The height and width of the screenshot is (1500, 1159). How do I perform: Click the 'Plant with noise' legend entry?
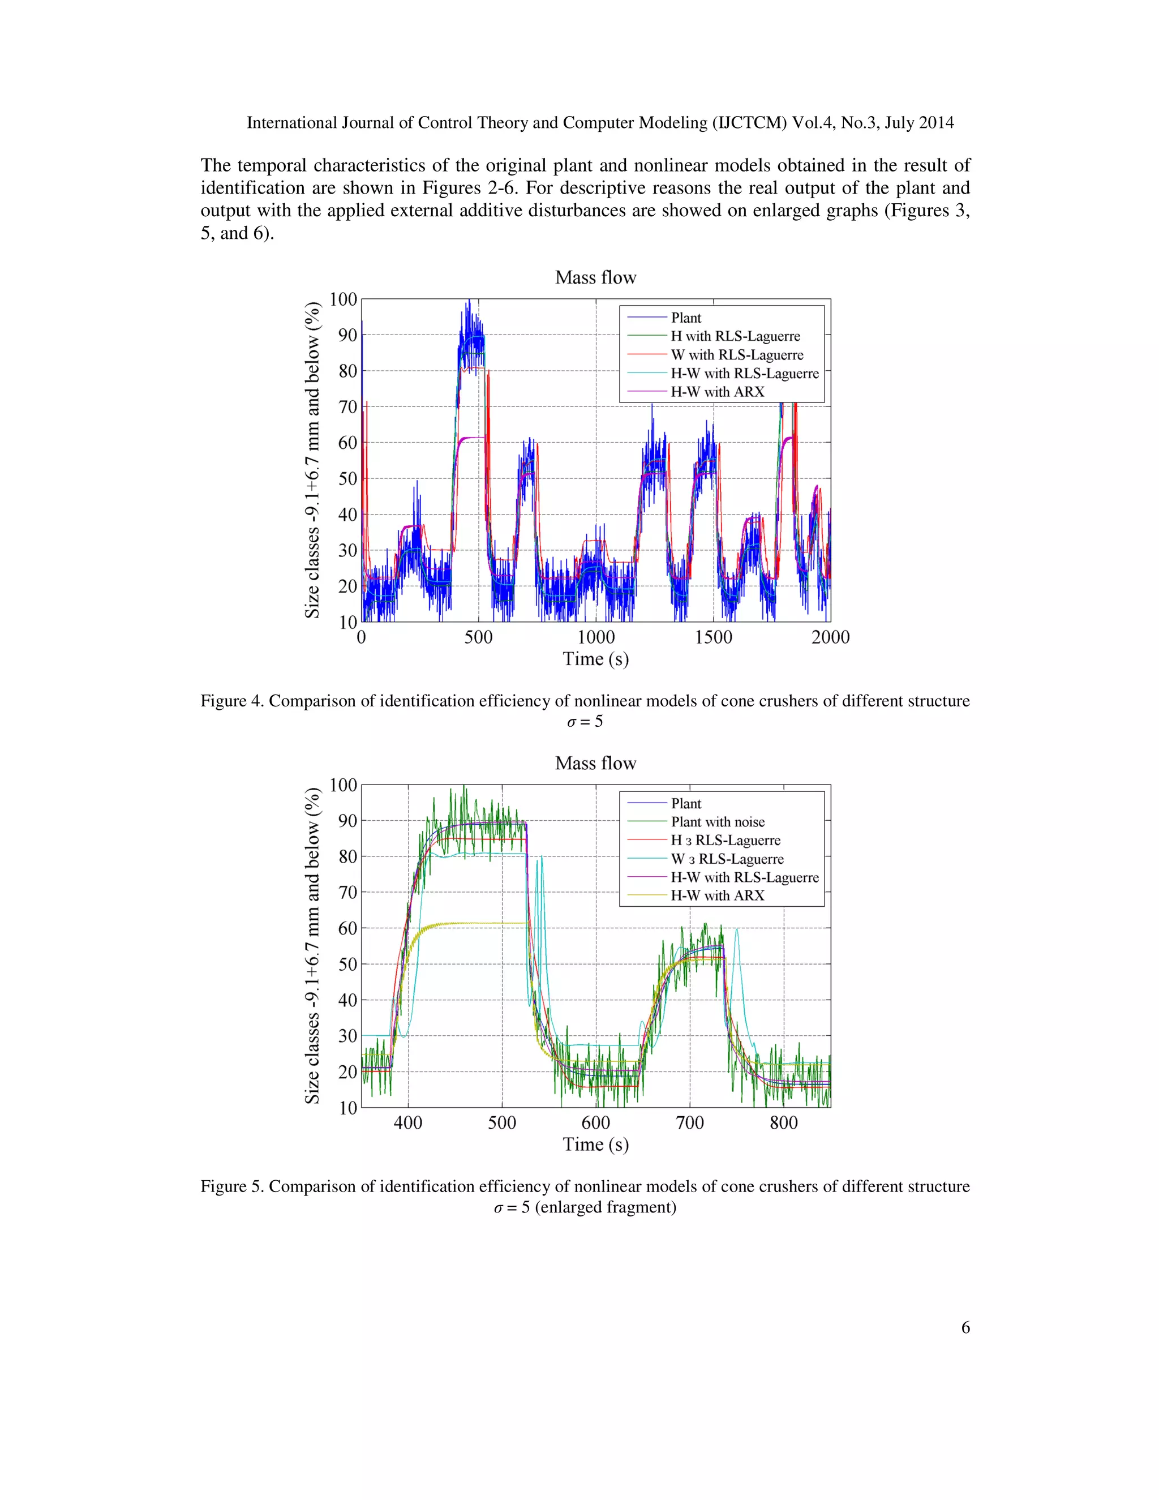point(718,822)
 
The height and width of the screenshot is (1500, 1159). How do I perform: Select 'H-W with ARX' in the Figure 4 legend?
point(718,392)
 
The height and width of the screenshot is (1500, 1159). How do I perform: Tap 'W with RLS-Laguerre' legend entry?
point(737,355)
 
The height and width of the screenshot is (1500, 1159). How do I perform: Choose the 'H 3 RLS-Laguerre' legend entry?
point(725,841)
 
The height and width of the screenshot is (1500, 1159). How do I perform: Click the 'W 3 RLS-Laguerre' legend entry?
point(727,859)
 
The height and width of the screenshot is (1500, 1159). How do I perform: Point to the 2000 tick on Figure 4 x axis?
point(830,637)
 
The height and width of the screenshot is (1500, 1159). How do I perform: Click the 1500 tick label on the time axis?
point(714,637)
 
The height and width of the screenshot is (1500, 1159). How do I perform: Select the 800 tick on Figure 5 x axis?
point(783,1123)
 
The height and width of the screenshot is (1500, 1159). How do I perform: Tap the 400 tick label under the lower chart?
point(408,1123)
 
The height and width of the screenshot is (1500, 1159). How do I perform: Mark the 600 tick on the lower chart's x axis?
point(595,1123)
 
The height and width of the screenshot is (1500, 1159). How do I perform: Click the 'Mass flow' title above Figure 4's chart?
point(595,277)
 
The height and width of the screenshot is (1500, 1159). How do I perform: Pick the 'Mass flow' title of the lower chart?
point(595,763)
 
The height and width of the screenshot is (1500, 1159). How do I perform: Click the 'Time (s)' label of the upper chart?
point(595,659)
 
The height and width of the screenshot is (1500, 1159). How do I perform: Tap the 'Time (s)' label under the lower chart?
point(595,1144)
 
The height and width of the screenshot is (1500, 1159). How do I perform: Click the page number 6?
point(965,1327)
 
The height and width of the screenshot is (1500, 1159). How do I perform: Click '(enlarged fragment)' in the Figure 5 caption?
point(605,1207)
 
